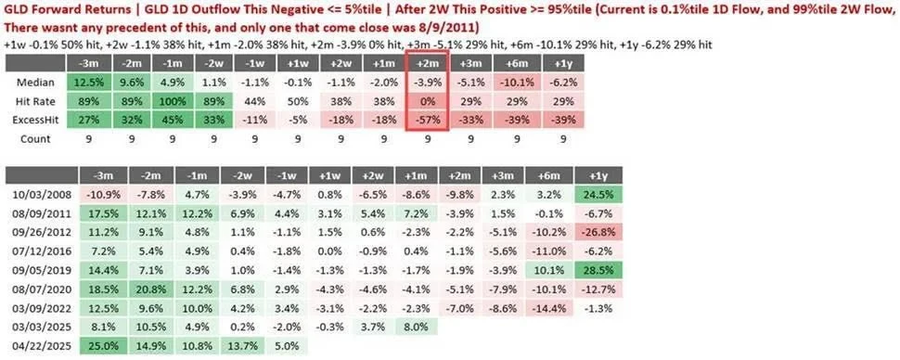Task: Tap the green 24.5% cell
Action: (598, 195)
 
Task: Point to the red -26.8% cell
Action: (598, 233)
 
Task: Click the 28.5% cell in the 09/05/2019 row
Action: (598, 271)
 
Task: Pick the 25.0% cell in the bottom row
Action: (103, 347)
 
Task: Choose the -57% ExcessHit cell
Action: (427, 120)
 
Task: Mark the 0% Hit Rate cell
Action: (427, 101)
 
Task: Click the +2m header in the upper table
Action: (427, 63)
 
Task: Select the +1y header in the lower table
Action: (598, 175)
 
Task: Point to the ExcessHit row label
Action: (35, 120)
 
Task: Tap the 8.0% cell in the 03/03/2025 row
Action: (417, 328)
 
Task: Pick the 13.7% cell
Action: (242, 347)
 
